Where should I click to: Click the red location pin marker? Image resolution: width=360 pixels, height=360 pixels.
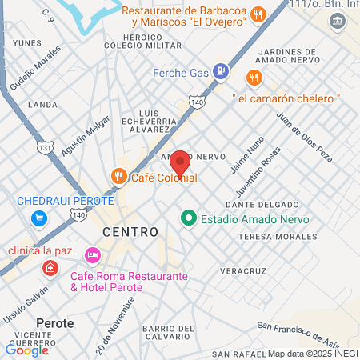[180, 162]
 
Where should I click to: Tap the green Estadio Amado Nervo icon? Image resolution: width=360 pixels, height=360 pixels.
[189, 217]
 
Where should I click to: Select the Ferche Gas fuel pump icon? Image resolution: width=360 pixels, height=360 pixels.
[222, 73]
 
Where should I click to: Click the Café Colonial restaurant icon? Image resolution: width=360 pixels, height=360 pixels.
[118, 176]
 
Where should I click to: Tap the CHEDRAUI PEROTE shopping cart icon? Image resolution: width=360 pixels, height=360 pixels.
[38, 218]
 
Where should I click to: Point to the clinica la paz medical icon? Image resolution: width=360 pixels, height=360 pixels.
[50, 267]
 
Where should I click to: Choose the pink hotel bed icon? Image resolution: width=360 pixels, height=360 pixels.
[93, 254]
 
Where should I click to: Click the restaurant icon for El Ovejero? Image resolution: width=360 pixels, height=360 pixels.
[258, 14]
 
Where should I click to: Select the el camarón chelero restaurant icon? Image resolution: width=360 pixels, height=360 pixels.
[254, 78]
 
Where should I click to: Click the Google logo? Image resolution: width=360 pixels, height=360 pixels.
[26, 349]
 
